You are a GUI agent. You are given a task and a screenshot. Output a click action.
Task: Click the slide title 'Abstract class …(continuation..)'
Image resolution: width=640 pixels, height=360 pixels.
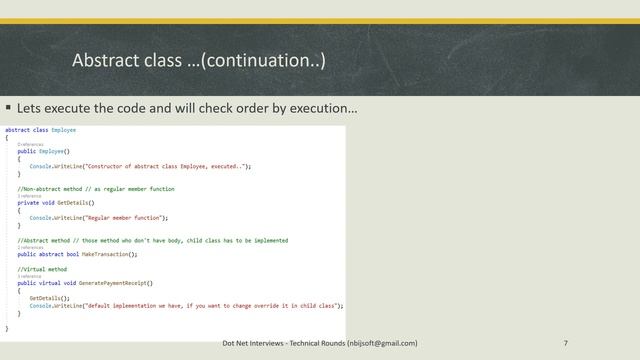tap(198, 62)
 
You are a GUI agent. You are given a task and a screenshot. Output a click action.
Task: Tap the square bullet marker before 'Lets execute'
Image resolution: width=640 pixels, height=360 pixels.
tap(8, 106)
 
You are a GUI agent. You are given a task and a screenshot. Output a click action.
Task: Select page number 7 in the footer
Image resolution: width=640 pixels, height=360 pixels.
tap(566, 343)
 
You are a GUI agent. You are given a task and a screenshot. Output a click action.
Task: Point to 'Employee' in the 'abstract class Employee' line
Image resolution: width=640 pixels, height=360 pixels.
tap(64, 130)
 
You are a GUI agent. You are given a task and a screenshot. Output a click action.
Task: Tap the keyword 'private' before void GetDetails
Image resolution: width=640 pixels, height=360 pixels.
tap(29, 202)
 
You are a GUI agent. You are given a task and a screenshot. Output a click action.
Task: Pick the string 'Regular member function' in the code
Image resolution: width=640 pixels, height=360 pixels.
tap(124, 217)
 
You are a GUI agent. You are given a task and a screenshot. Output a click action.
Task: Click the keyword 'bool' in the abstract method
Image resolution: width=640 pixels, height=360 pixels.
tap(79, 255)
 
